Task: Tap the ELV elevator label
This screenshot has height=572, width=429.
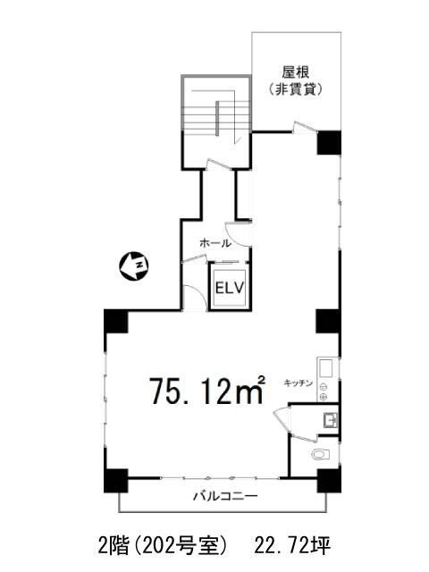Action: [230, 288]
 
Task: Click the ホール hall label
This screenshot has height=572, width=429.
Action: [215, 243]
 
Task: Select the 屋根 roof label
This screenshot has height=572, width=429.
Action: [295, 71]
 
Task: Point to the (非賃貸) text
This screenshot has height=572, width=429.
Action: [295, 90]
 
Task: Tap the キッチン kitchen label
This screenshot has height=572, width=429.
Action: [299, 383]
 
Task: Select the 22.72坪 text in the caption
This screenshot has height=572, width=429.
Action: [307, 544]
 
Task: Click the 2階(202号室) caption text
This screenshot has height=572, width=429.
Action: [167, 544]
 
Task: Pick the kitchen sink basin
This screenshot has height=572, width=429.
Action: [324, 367]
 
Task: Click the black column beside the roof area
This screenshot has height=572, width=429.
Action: [330, 141]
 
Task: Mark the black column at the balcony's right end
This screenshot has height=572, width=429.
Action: [328, 483]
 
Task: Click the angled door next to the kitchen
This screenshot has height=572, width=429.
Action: [281, 417]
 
